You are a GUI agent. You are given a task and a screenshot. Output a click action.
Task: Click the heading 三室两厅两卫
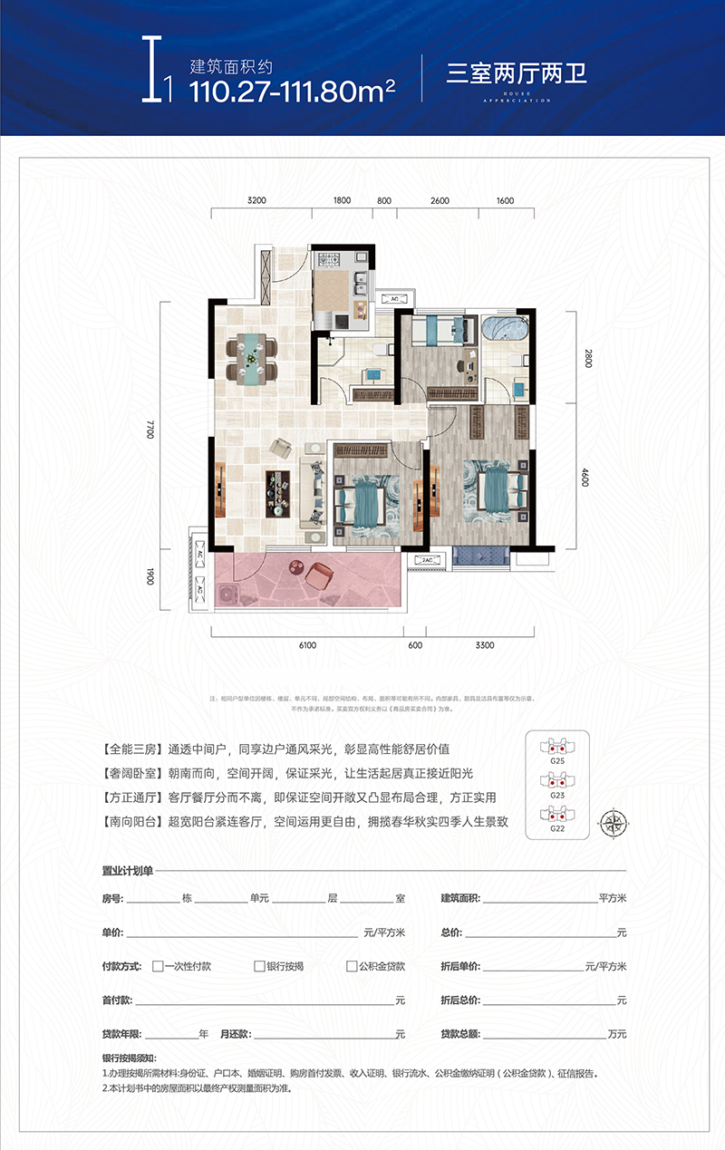click(x=517, y=73)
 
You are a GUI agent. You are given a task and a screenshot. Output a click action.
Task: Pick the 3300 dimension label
click(x=484, y=644)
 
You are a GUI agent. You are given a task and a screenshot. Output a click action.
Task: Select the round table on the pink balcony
click(x=297, y=567)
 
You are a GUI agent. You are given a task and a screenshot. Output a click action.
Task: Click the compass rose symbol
click(x=614, y=823)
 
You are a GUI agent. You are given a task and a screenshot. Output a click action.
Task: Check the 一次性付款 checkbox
click(x=158, y=966)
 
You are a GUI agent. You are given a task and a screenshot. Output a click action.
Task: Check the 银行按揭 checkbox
click(x=259, y=966)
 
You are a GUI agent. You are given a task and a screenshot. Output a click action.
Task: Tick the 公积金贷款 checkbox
click(x=352, y=966)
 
